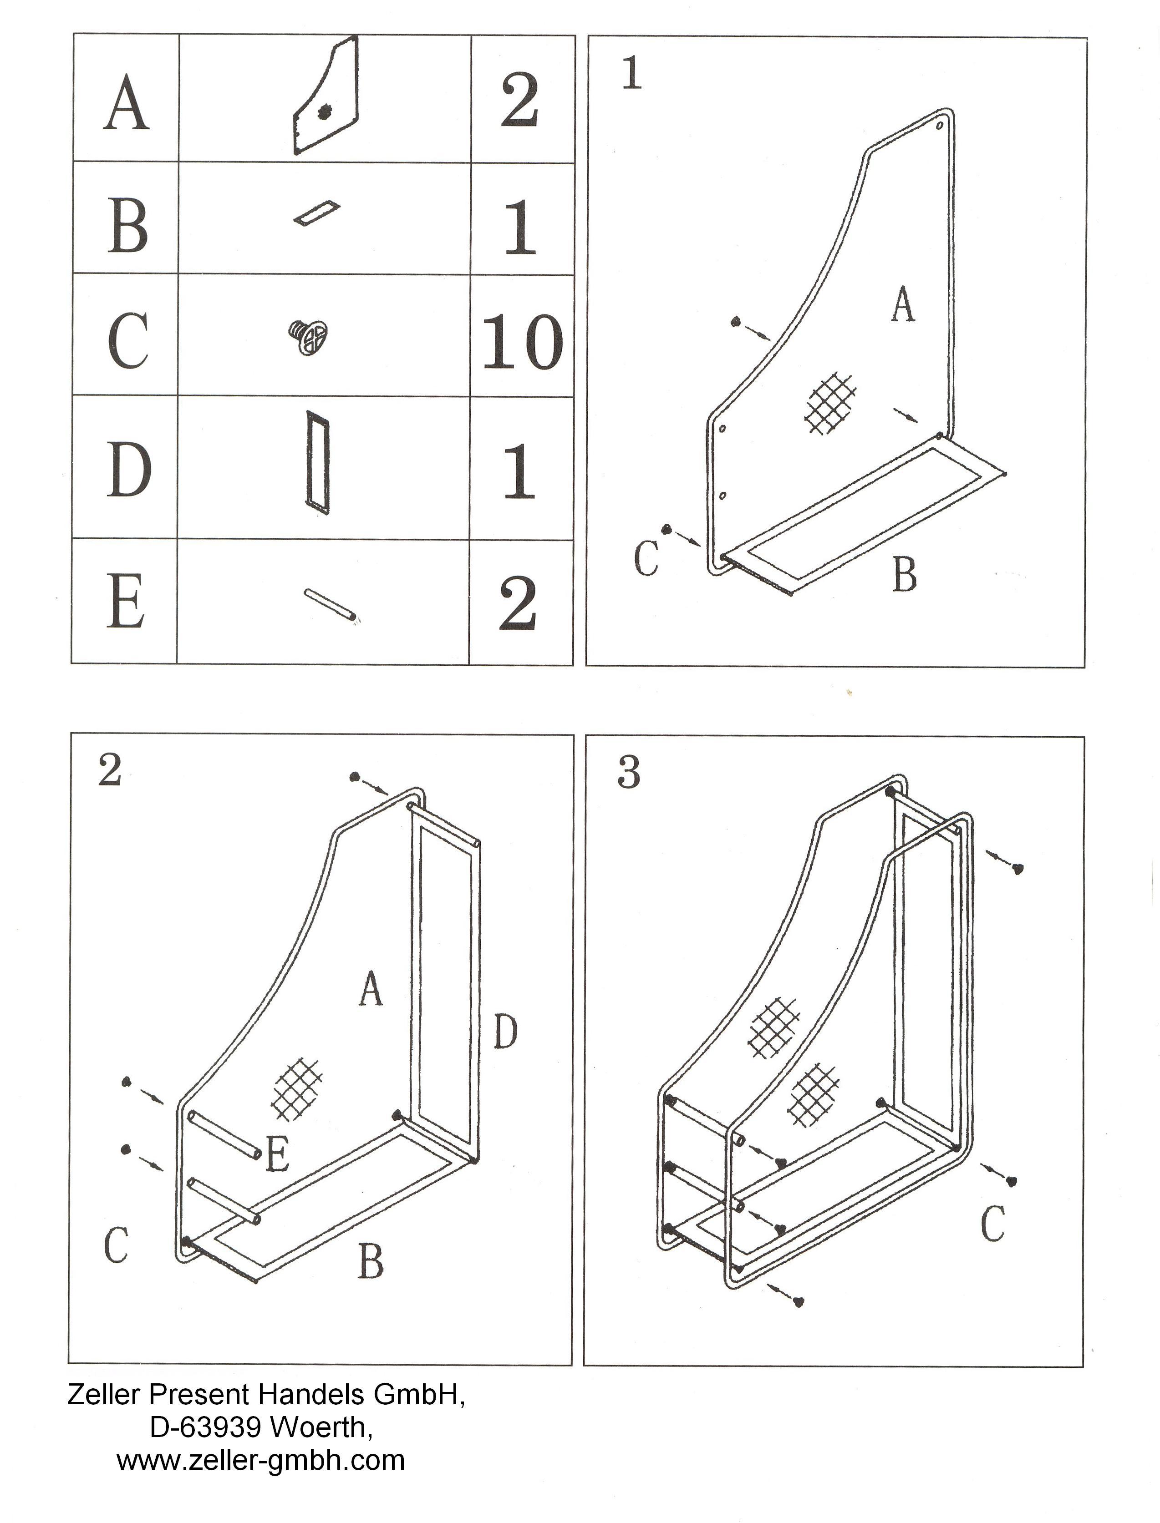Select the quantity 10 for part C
(522, 342)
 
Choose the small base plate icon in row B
(317, 213)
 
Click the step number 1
(632, 74)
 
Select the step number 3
(628, 773)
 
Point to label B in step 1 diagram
(905, 574)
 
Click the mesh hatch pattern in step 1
(833, 404)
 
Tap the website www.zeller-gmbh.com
(260, 1459)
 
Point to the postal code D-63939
(204, 1427)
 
